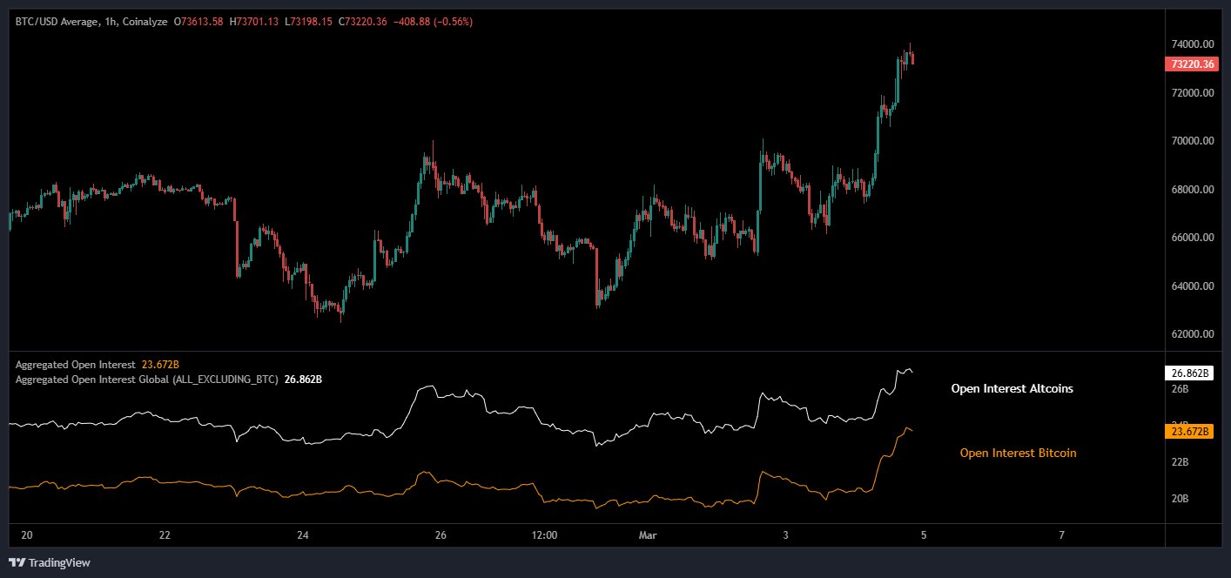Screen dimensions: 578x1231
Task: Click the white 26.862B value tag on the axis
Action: click(x=1187, y=373)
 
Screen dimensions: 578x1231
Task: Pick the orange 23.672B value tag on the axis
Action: click(x=1187, y=431)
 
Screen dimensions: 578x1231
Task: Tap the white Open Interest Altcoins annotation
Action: click(x=1012, y=389)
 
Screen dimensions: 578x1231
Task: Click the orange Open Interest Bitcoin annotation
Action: click(x=1018, y=453)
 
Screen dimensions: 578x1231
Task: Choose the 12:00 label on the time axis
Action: click(x=543, y=535)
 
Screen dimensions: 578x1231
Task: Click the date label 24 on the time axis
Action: click(x=302, y=535)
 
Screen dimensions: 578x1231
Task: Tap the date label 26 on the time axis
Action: click(x=440, y=535)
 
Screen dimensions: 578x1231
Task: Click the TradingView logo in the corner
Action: click(x=50, y=562)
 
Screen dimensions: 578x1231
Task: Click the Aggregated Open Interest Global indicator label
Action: click(x=146, y=380)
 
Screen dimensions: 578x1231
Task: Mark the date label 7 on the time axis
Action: click(x=1061, y=535)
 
